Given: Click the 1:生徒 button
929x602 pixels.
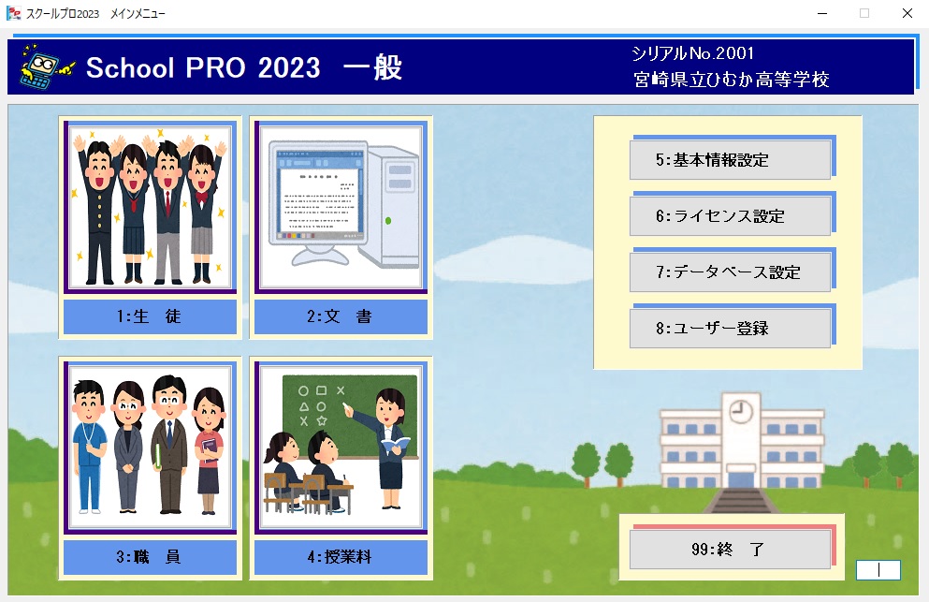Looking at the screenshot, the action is click(150, 316).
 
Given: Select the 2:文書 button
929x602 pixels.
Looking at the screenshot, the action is click(341, 316).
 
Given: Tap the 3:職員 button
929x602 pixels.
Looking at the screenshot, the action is click(150, 557).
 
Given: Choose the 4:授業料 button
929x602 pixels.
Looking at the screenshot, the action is click(341, 557).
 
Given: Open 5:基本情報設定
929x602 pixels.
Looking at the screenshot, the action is click(730, 159).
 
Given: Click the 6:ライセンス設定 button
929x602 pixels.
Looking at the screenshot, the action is click(730, 216).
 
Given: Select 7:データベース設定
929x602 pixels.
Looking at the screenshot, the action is click(730, 272).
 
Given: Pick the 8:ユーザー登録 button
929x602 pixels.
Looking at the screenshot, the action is click(730, 328).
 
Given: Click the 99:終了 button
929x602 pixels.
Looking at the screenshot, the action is click(730, 550).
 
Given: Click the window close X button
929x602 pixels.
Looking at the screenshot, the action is click(907, 13).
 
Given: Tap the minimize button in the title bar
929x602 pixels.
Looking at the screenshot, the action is click(822, 13).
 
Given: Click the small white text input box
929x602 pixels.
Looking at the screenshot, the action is click(878, 570).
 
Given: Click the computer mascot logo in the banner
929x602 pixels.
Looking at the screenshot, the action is click(47, 67).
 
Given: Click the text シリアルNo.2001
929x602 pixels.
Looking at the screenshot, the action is click(692, 53).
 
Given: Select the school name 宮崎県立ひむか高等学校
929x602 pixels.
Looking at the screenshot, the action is click(731, 79).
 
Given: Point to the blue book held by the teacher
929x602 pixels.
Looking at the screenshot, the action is click(395, 444).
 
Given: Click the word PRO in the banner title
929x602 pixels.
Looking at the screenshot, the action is click(215, 67).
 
